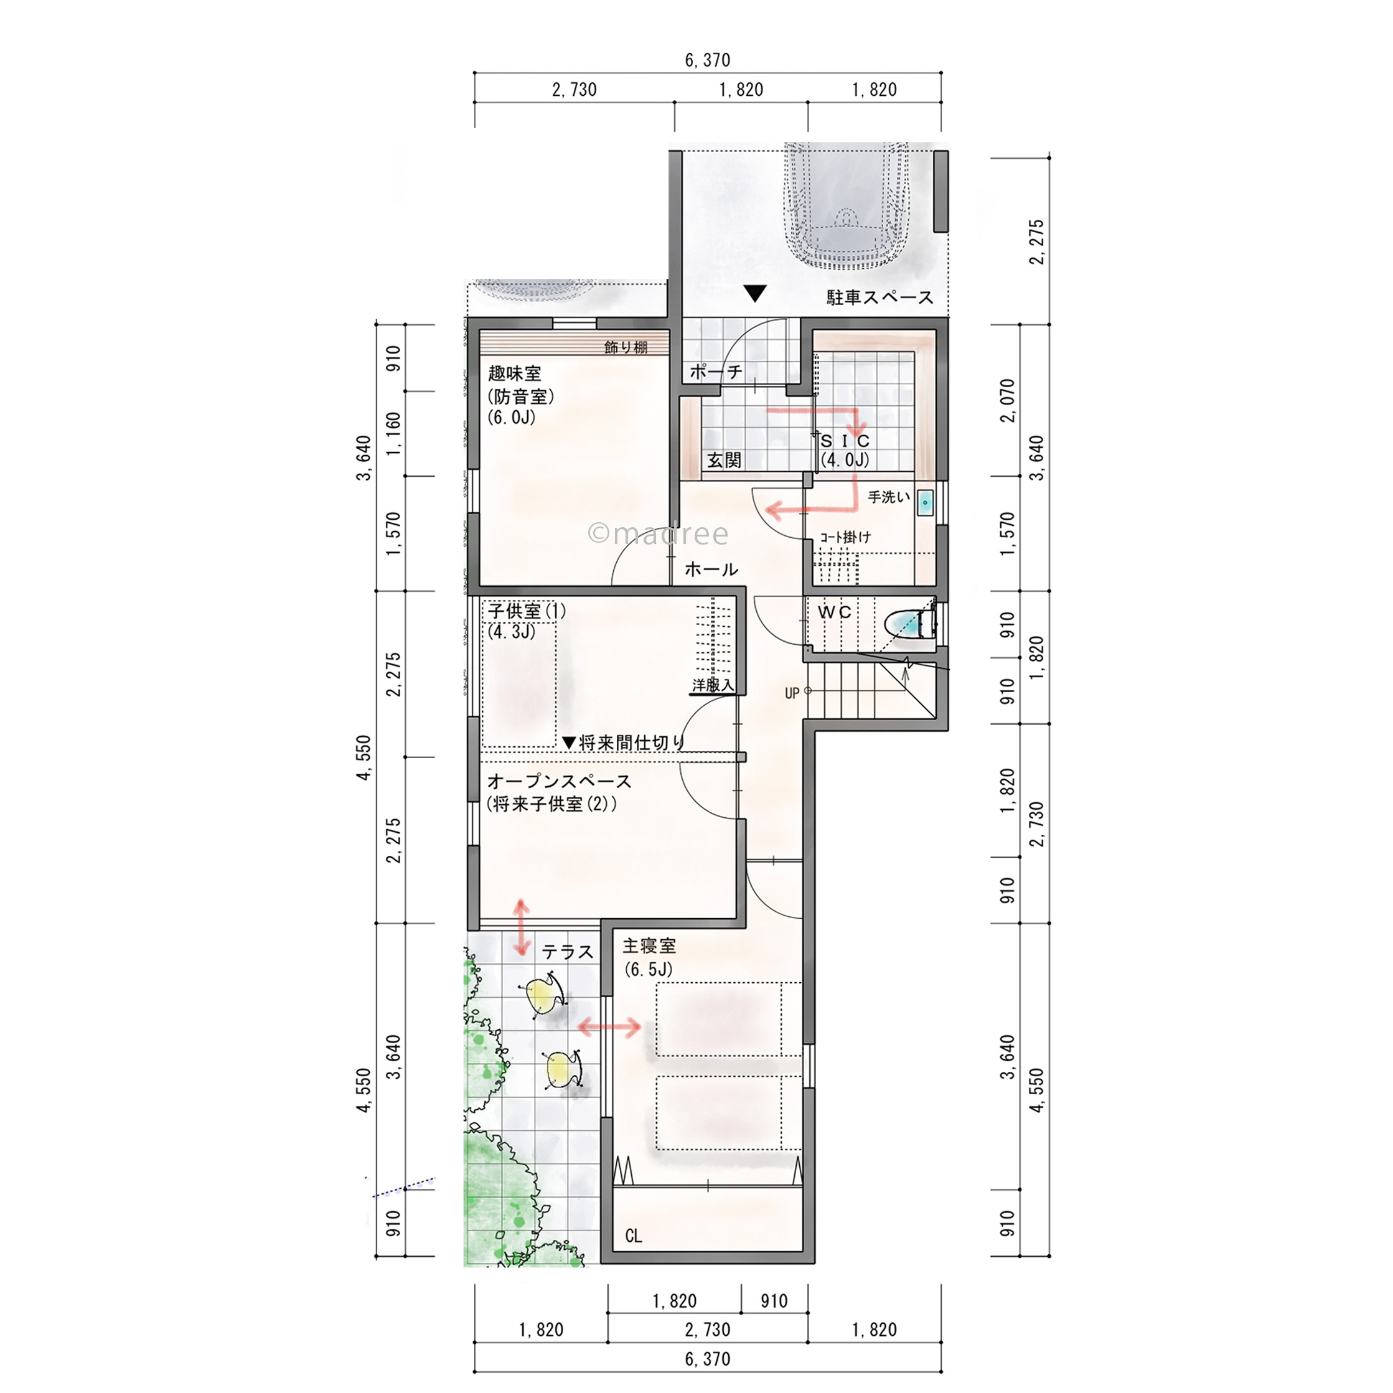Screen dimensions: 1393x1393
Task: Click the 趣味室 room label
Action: [514, 373]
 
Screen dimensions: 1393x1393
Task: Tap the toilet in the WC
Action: [910, 624]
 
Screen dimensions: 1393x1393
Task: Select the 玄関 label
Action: [724, 460]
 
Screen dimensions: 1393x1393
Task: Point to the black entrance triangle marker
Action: [755, 293]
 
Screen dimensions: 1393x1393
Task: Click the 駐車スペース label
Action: [879, 297]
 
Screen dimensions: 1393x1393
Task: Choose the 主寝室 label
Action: [650, 945]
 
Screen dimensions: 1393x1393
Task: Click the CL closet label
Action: [634, 1236]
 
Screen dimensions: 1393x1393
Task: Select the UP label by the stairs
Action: [792, 693]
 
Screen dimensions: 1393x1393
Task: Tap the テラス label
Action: [568, 952]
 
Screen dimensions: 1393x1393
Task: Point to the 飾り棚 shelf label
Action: [626, 347]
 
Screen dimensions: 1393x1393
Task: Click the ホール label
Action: [711, 569]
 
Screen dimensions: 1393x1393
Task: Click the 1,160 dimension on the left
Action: [393, 433]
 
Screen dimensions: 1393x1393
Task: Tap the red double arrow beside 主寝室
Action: [610, 1027]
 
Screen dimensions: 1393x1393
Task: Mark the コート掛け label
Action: [845, 537]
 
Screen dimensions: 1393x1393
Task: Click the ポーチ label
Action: [716, 372]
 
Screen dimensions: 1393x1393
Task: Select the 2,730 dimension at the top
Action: [575, 90]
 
